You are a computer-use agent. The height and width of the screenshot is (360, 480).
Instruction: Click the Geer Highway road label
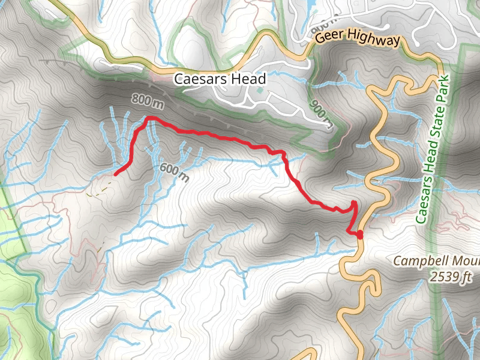pos(358,40)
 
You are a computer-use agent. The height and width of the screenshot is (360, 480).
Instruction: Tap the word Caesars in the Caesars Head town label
pos(197,79)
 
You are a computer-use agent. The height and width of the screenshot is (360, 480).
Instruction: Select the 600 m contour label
pos(174,172)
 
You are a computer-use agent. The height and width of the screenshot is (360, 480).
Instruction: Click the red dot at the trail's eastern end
pos(360,235)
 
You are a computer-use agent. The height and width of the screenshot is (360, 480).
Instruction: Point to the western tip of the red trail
pos(115,173)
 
